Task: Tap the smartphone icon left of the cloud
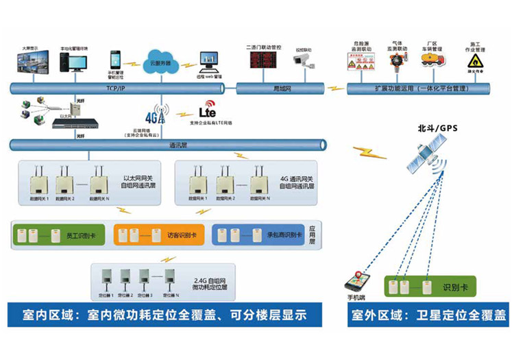coord(115,60)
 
